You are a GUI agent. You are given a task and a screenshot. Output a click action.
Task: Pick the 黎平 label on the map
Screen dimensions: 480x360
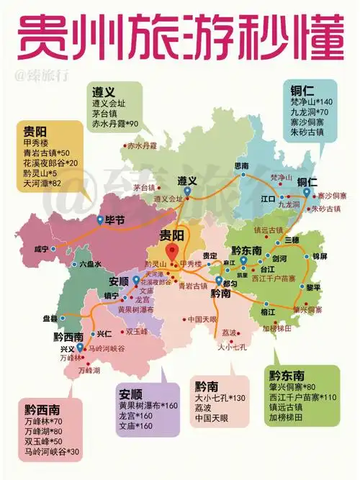click(313, 286)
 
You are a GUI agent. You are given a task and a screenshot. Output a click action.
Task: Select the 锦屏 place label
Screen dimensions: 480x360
click(319, 256)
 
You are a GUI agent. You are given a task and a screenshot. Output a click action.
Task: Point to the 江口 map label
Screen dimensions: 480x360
click(268, 196)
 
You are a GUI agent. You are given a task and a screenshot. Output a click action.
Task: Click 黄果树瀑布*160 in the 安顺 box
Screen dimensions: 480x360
click(148, 406)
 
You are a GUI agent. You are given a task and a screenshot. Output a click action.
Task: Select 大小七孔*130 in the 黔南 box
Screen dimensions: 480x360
click(220, 398)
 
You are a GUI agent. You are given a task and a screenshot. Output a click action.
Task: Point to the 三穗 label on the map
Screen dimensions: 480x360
click(291, 239)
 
